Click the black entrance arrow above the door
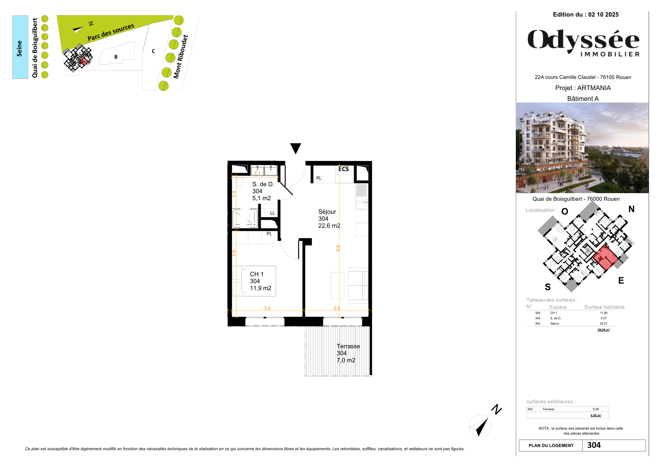click(x=295, y=148)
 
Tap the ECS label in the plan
click(x=343, y=169)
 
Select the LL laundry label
click(x=272, y=213)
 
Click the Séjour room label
click(x=327, y=212)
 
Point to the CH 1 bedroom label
click(x=256, y=274)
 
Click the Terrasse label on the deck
click(x=348, y=346)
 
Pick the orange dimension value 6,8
click(x=338, y=248)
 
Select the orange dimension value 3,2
click(x=267, y=308)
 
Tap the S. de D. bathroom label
click(x=263, y=184)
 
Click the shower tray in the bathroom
click(x=245, y=219)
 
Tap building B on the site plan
click(x=116, y=57)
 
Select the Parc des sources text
click(x=111, y=32)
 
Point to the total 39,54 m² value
click(x=603, y=330)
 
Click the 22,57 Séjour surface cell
click(x=603, y=324)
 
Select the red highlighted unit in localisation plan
click(x=605, y=257)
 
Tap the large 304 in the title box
click(x=594, y=445)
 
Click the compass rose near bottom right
click(x=480, y=425)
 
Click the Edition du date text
click(x=586, y=15)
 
